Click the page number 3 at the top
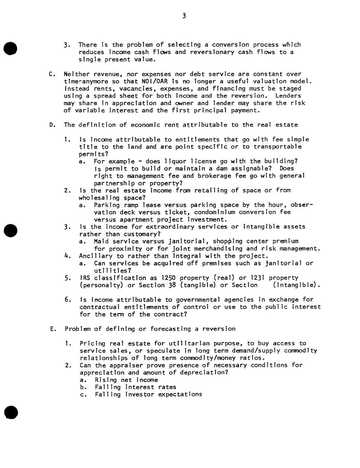click(x=184, y=16)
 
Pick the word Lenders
click(x=288, y=96)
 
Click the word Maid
click(x=101, y=241)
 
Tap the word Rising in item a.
click(x=106, y=380)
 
